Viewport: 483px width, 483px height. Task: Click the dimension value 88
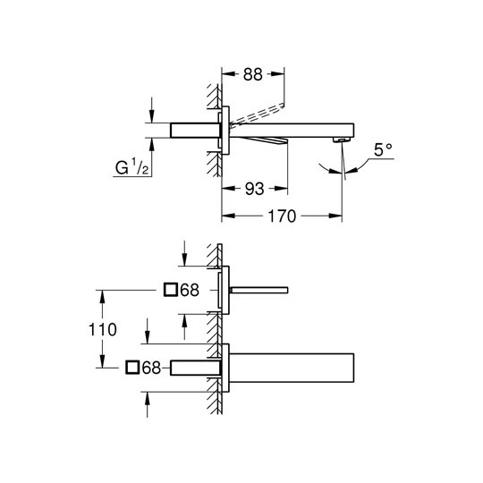pos(252,74)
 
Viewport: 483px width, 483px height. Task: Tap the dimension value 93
pos(254,189)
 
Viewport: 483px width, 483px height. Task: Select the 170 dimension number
pos(282,216)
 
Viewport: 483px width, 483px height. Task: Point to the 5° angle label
pos(383,150)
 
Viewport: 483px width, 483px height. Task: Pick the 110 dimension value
pos(103,329)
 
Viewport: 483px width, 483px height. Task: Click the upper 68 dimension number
pos(190,290)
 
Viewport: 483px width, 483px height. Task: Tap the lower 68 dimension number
pos(151,368)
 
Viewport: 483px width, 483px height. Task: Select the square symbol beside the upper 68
pos(170,290)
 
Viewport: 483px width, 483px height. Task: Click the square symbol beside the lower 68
pos(132,368)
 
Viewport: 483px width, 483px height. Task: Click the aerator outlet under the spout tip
pos(342,140)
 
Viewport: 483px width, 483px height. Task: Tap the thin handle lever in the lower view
pos(258,290)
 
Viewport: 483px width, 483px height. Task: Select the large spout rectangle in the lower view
pos(292,368)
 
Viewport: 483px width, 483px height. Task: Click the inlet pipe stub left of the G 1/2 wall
pos(195,130)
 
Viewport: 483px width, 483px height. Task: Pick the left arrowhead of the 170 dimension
pos(228,216)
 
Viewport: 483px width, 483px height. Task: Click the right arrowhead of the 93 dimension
pos(281,189)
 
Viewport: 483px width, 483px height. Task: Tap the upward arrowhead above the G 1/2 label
pos(151,145)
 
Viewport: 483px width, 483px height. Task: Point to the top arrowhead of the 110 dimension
pos(103,296)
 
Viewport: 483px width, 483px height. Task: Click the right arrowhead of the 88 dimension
pos(278,74)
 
